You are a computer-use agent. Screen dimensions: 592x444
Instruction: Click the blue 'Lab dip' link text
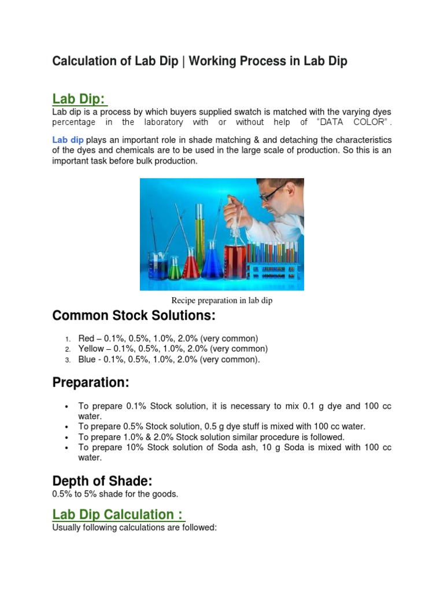click(68, 140)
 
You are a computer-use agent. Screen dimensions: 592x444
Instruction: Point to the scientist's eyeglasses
click(271, 194)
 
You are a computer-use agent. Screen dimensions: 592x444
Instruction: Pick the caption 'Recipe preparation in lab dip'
click(221, 301)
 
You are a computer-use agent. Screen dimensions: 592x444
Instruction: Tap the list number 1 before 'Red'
click(67, 339)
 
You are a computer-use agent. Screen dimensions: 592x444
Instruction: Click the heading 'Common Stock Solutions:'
click(133, 316)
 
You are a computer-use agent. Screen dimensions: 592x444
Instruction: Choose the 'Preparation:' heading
click(91, 383)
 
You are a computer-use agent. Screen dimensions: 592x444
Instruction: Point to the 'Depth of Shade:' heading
click(102, 481)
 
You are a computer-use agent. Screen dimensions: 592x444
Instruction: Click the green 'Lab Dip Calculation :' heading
click(118, 515)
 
